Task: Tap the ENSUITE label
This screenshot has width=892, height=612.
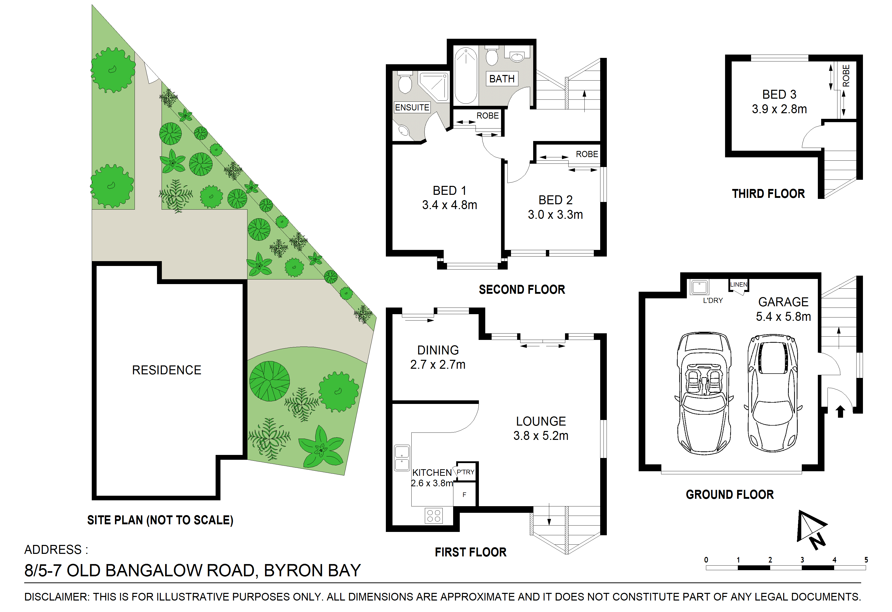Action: pos(412,108)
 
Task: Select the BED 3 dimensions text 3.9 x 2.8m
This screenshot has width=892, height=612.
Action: pos(779,109)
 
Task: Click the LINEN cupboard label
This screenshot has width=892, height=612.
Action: pos(739,285)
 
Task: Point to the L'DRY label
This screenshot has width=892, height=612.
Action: pos(713,301)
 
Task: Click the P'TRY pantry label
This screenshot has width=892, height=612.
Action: pos(466,472)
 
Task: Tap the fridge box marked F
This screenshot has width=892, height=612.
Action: pos(464,494)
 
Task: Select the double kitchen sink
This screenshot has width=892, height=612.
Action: pos(402,458)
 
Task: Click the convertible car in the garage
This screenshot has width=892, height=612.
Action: pos(704,393)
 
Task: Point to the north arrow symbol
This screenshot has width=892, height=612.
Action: pos(811,529)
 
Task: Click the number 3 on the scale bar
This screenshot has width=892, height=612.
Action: pos(802,560)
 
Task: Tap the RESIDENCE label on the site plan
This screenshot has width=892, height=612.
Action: pos(167,370)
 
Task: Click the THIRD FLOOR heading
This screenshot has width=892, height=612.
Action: pos(768,194)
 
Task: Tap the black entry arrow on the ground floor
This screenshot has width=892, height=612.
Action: pos(840,411)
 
